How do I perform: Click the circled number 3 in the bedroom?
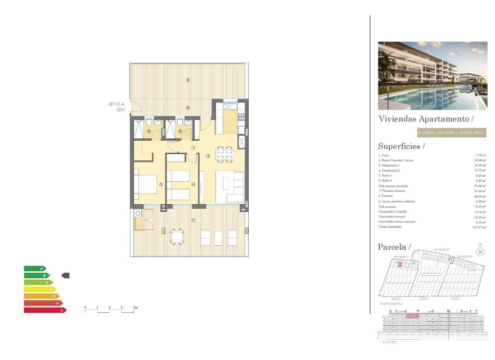pyautogui.click(x=161, y=184)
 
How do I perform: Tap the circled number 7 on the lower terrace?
pyautogui.click(x=193, y=220)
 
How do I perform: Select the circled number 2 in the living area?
pyautogui.click(x=208, y=156)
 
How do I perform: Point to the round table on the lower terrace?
pyautogui.click(x=177, y=237)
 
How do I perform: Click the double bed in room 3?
pyautogui.click(x=145, y=183)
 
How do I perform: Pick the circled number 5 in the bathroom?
pyautogui.click(x=149, y=132)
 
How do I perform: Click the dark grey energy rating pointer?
pyautogui.click(x=65, y=276)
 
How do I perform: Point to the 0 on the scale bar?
pyautogui.click(x=85, y=308)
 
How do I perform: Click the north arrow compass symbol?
pyautogui.click(x=479, y=251)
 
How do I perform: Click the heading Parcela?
pyautogui.click(x=394, y=247)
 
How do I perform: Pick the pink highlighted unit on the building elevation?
pyautogui.click(x=412, y=316)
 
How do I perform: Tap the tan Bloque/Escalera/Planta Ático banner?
pyautogui.click(x=451, y=133)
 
